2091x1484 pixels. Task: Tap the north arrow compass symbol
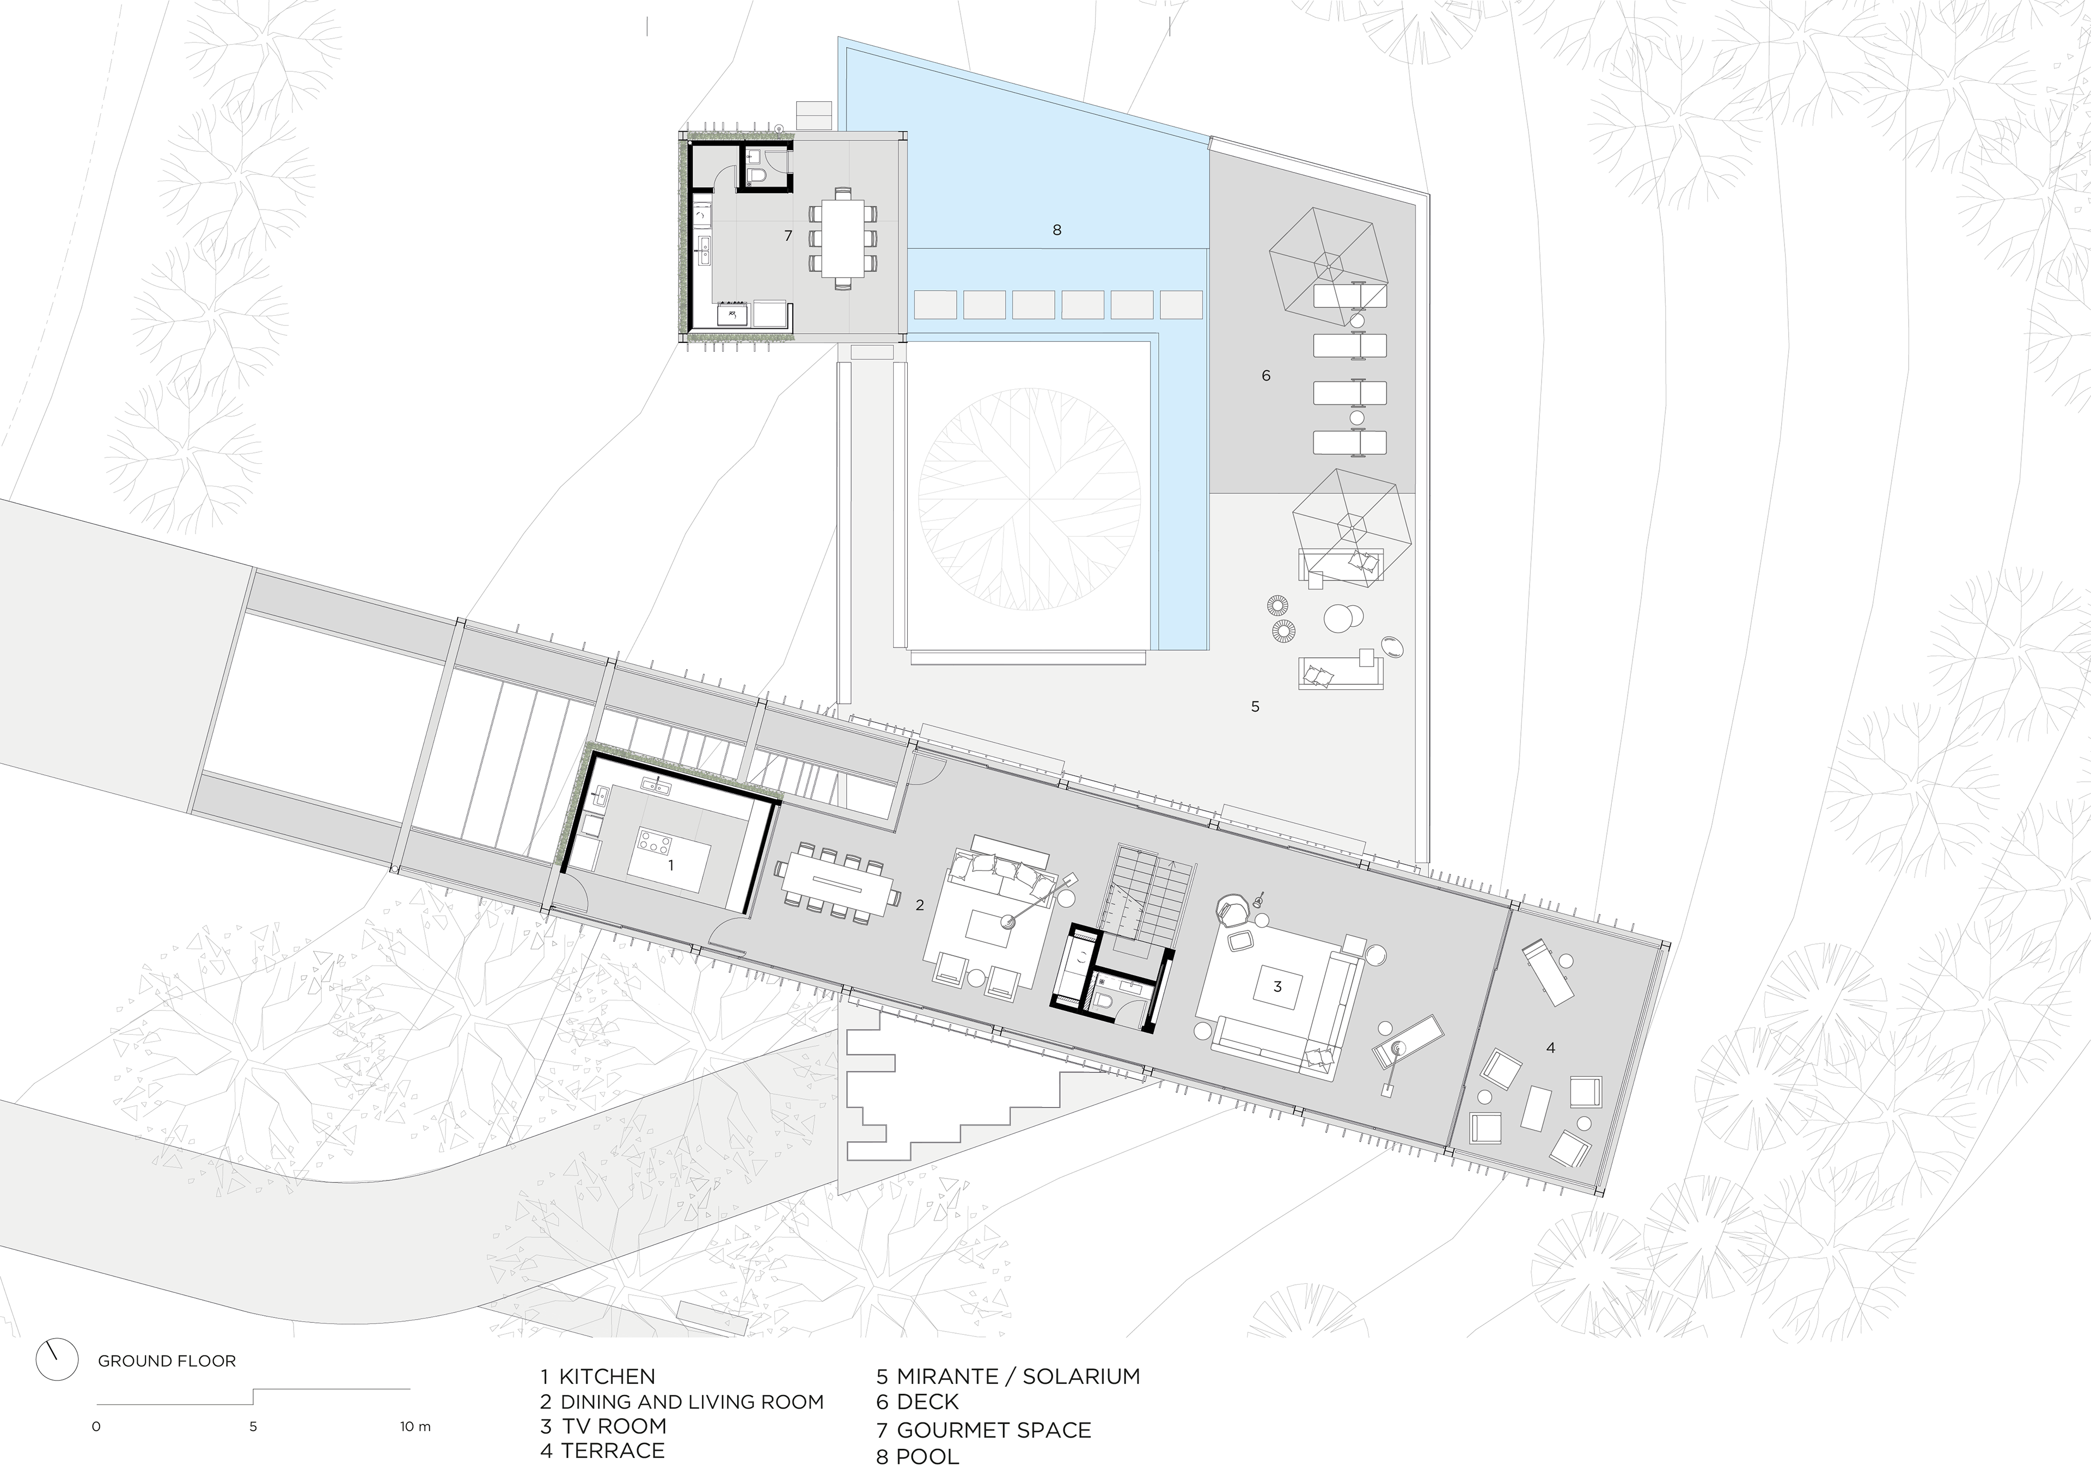[56, 1360]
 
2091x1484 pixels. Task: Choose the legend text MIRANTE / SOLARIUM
[1018, 1376]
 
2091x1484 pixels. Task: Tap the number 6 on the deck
[1265, 376]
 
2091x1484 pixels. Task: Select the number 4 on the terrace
[1551, 1048]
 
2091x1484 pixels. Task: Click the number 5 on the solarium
[1255, 707]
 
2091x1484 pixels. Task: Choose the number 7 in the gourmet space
[788, 236]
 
